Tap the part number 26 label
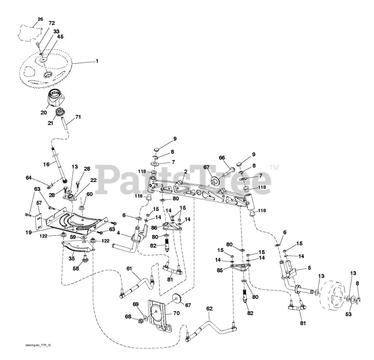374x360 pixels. [x=40, y=19]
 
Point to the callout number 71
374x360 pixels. [x=78, y=117]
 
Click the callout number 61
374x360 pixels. [x=129, y=269]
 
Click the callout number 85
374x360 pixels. [x=219, y=270]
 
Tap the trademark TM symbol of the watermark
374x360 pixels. [x=274, y=168]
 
